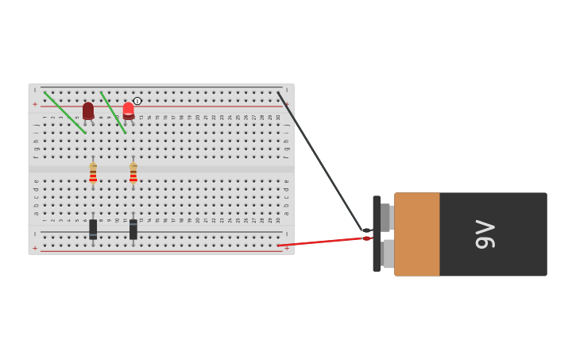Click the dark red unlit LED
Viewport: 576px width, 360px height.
point(88,110)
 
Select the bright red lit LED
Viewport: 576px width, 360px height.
point(129,110)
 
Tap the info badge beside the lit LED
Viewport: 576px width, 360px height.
point(137,101)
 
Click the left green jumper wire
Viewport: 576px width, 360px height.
point(65,112)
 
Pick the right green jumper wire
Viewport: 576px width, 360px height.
point(113,112)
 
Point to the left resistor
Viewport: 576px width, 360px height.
point(93,173)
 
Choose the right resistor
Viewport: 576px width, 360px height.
point(133,173)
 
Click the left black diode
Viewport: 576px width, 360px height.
point(93,229)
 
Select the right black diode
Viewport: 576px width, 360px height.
point(133,229)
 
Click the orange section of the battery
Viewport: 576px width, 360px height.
point(417,234)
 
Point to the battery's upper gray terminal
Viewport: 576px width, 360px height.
point(385,217)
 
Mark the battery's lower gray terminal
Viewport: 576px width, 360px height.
point(387,254)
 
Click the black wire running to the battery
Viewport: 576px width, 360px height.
point(318,159)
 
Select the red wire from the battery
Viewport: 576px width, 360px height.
point(326,242)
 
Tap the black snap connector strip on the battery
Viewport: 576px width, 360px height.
point(377,234)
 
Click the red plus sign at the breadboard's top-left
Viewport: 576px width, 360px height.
point(35,104)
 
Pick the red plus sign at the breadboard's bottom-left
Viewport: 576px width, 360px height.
point(35,248)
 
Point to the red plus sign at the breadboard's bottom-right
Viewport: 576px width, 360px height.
point(287,248)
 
